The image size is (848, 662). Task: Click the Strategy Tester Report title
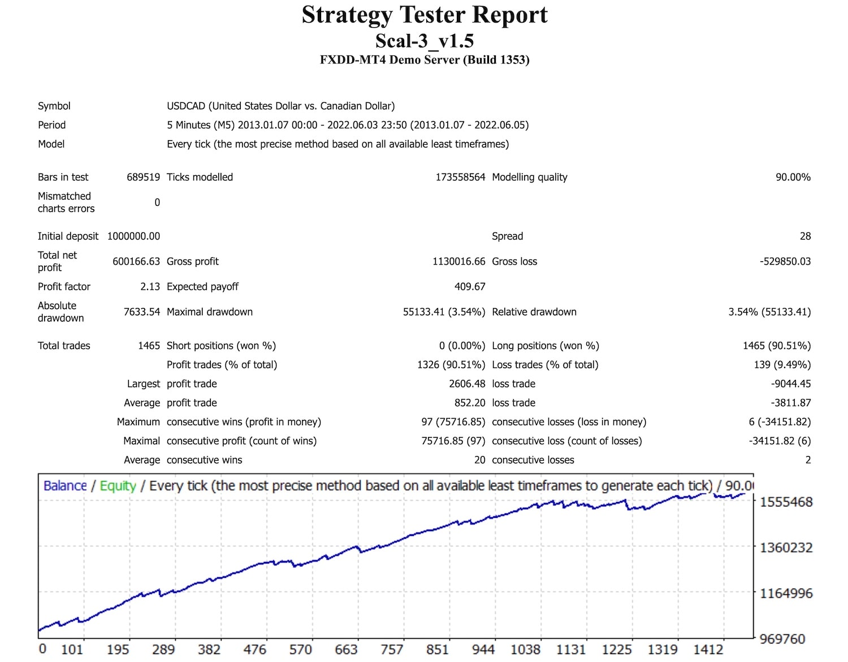425,15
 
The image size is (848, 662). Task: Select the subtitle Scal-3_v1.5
425,41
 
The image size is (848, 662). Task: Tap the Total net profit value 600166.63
136,261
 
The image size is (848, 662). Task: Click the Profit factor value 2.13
150,287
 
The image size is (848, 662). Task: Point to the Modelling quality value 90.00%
793,177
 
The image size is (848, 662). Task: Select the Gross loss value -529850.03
785,261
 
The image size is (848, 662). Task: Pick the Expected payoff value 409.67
470,287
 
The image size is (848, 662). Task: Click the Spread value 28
805,236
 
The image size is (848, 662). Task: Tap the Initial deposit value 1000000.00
133,236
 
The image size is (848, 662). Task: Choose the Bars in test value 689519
143,177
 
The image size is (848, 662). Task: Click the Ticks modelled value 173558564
460,177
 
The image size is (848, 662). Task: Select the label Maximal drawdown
210,312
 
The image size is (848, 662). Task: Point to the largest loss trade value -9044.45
790,384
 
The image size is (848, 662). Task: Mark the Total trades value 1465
149,345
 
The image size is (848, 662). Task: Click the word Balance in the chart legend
65,486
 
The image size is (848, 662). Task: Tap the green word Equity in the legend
118,486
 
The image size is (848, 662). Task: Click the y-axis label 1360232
786,547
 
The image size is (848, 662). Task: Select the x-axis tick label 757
392,650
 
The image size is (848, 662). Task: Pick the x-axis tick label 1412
708,650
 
